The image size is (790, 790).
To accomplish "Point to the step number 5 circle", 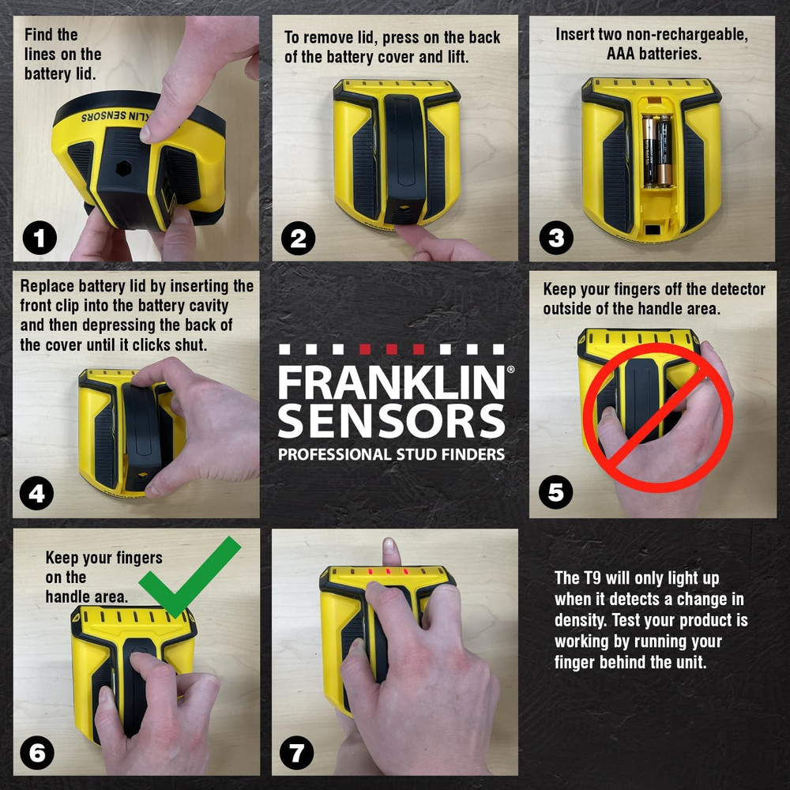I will click(555, 493).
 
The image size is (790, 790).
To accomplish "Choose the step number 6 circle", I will click(38, 752).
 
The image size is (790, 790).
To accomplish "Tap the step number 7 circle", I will click(296, 752).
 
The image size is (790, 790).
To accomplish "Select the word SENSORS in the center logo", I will click(391, 421).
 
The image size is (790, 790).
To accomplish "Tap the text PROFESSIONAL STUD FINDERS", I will click(391, 454).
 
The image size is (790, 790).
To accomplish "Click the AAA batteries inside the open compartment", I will click(655, 150).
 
